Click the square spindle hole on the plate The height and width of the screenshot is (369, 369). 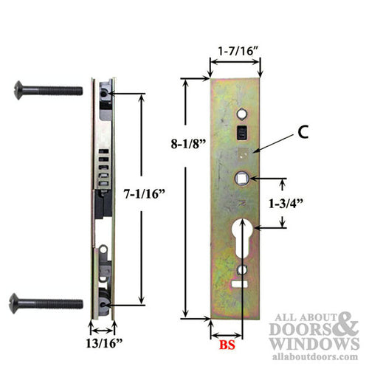(x=241, y=177)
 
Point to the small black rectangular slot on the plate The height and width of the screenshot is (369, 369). (x=240, y=134)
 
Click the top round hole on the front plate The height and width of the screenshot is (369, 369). (x=241, y=113)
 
